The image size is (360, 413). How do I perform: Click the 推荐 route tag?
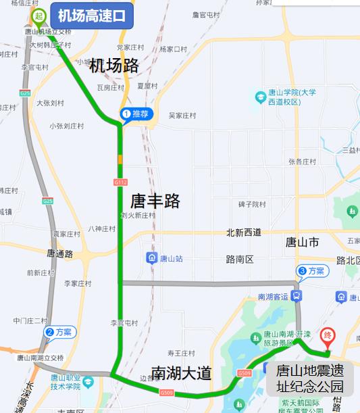click(137, 114)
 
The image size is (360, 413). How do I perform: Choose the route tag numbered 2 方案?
click(59, 332)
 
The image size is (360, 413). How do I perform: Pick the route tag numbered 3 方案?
click(311, 271)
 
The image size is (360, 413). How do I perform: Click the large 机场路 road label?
click(114, 66)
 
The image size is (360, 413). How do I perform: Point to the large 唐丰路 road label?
click(155, 201)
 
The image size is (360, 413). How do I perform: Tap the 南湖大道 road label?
click(181, 372)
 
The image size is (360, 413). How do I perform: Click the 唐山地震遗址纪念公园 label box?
click(309, 379)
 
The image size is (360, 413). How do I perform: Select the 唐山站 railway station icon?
click(153, 258)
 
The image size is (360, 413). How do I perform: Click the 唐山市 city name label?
click(302, 242)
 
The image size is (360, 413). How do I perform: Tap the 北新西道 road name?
click(244, 233)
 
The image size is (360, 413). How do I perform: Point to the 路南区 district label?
click(239, 258)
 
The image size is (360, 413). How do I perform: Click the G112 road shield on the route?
click(121, 182)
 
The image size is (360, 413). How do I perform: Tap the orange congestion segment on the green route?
click(120, 160)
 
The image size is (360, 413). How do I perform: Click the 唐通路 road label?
click(59, 253)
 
